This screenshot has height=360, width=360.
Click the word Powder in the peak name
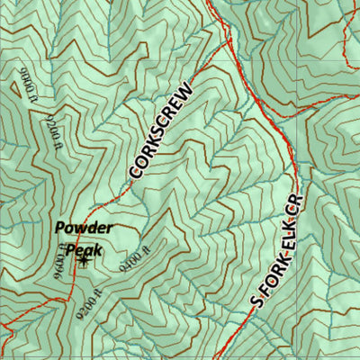pyautogui.click(x=83, y=229)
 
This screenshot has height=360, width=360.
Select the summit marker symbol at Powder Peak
pyautogui.click(x=84, y=262)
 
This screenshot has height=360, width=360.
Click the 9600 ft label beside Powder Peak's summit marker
pyautogui.click(x=63, y=258)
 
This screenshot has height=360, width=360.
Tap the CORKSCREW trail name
pyautogui.click(x=161, y=130)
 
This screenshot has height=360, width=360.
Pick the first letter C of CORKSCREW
pyautogui.click(x=135, y=169)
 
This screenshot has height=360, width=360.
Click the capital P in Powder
pyautogui.click(x=59, y=229)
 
